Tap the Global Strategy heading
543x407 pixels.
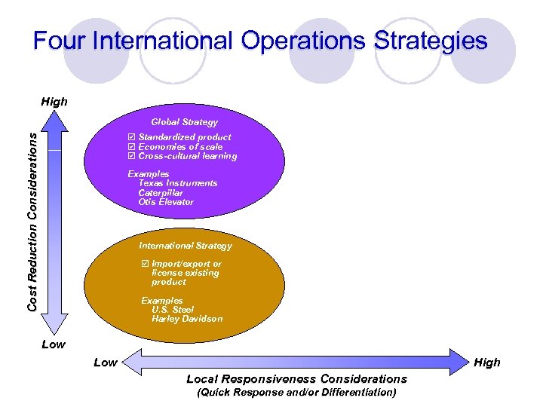click(x=184, y=122)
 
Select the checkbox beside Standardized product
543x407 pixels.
click(x=132, y=137)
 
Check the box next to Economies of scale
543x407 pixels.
click(x=132, y=147)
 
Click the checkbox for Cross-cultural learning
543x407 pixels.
click(x=132, y=157)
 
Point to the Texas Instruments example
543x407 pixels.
click(x=177, y=183)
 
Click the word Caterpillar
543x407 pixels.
click(x=161, y=193)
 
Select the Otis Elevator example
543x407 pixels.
click(x=166, y=202)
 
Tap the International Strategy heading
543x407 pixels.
click(x=186, y=246)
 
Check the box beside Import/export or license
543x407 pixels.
click(x=146, y=265)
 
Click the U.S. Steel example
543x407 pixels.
click(x=173, y=310)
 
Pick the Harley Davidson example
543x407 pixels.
click(x=187, y=319)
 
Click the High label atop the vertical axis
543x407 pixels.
click(x=54, y=102)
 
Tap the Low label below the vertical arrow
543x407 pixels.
click(x=53, y=344)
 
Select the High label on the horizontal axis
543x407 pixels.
click(x=487, y=363)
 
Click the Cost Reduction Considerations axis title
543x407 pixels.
click(x=32, y=219)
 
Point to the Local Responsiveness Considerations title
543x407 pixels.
click(x=296, y=379)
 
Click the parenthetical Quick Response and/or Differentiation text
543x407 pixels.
click(x=296, y=393)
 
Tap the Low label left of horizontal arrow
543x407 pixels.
click(x=106, y=363)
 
